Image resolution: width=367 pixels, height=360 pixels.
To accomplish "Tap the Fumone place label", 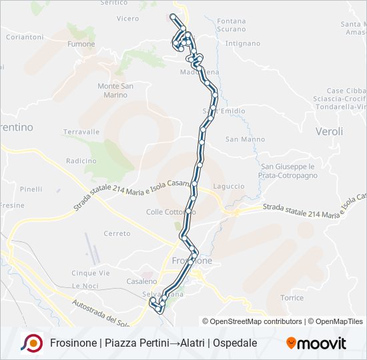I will [x=81, y=44].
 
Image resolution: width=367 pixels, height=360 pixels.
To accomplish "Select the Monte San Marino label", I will [x=115, y=90].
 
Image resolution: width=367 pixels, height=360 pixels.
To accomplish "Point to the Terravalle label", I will [x=81, y=132].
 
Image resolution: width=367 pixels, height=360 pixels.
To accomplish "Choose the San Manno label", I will [x=240, y=139].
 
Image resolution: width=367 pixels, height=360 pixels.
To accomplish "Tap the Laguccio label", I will [x=228, y=186].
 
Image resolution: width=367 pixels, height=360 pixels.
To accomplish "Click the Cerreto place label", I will [x=117, y=233].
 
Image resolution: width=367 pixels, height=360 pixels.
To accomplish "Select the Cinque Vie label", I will [x=90, y=273].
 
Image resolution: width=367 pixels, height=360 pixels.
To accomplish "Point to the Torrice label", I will [x=292, y=297].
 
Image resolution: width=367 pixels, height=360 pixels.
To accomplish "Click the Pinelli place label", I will [x=31, y=189].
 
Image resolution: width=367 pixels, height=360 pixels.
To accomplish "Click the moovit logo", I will [x=316, y=343].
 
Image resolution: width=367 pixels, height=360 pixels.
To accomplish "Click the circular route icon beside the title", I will [x=31, y=343].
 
